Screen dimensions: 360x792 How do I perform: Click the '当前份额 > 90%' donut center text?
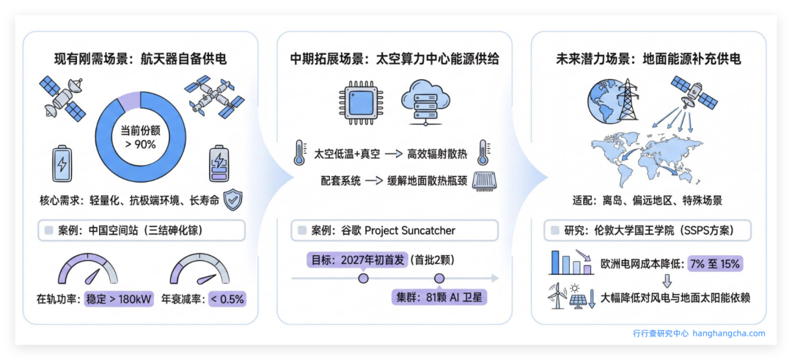coord(139,137)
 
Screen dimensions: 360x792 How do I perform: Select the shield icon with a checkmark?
coord(232,199)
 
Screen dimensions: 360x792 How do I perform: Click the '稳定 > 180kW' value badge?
coord(119,299)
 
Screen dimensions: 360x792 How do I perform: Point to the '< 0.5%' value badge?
coord(227,299)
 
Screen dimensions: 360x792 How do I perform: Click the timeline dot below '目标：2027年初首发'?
coord(362,279)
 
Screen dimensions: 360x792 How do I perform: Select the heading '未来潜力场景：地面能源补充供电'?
coord(648,59)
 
